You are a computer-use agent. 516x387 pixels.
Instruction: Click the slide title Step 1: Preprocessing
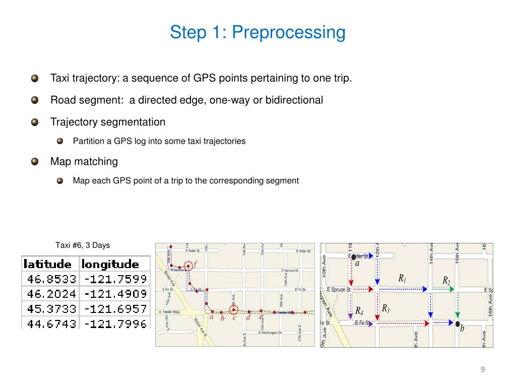(257, 32)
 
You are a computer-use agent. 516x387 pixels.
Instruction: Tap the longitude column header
(110, 264)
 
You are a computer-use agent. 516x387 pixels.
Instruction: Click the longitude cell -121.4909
(115, 293)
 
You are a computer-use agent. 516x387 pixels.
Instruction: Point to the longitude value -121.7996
(115, 323)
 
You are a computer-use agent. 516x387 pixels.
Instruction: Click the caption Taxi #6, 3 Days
(82, 245)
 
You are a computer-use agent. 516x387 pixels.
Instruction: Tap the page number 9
(482, 370)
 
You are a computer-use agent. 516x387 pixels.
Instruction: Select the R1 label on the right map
(402, 278)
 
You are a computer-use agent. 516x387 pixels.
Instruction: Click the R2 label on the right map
(446, 280)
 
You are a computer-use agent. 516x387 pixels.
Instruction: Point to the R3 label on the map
(385, 308)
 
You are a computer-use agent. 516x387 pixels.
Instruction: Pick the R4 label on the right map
(359, 310)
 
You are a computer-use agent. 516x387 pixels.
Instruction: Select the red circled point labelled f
(188, 266)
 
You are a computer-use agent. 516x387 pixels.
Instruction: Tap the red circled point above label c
(234, 310)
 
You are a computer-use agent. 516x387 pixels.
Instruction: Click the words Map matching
(84, 162)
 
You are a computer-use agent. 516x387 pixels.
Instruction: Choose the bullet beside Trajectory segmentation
(35, 122)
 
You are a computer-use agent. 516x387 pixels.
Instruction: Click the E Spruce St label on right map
(339, 290)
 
